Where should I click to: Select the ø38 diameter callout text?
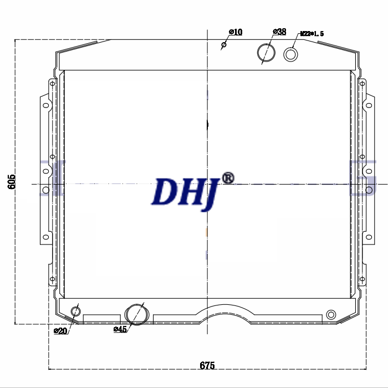coord(280,32)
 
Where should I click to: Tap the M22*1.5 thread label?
coord(312,34)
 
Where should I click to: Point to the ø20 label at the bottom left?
coord(60,331)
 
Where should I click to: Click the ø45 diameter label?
coord(120,330)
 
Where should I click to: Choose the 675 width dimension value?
coord(207,365)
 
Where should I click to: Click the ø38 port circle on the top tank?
coord(266,53)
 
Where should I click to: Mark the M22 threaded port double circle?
coord(290,54)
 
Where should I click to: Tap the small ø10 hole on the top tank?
coord(224,45)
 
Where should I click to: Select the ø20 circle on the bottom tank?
coord(75,312)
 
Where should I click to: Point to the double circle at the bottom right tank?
coord(331,314)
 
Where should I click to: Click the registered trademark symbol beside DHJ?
coord(228,177)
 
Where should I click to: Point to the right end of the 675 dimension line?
coord(367,369)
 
